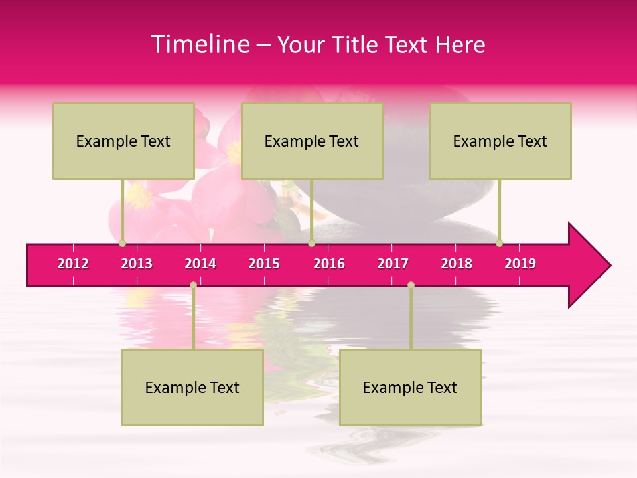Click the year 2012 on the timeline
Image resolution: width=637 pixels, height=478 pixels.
(73, 264)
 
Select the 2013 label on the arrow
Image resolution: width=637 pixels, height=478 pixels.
(137, 264)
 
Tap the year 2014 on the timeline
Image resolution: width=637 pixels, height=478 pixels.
(200, 264)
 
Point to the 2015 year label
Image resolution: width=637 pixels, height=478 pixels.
(264, 264)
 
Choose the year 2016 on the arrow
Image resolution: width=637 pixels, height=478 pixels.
(329, 264)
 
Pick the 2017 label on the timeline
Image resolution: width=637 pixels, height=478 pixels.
(393, 264)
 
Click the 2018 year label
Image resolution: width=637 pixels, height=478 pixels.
(457, 264)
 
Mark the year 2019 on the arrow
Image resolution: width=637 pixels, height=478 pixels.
(520, 264)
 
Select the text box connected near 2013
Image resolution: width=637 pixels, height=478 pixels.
(123, 141)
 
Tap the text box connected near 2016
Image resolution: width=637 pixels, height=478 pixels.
(312, 141)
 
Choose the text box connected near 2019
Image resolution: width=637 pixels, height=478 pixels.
(500, 141)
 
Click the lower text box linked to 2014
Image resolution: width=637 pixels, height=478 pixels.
(192, 388)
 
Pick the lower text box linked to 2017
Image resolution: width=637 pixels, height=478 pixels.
(410, 388)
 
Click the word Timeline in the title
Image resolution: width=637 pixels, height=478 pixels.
(199, 44)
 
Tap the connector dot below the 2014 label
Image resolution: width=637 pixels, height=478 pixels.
(193, 285)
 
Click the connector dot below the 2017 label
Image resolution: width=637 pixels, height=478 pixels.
(411, 285)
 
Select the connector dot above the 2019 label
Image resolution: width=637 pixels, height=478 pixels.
(500, 243)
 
